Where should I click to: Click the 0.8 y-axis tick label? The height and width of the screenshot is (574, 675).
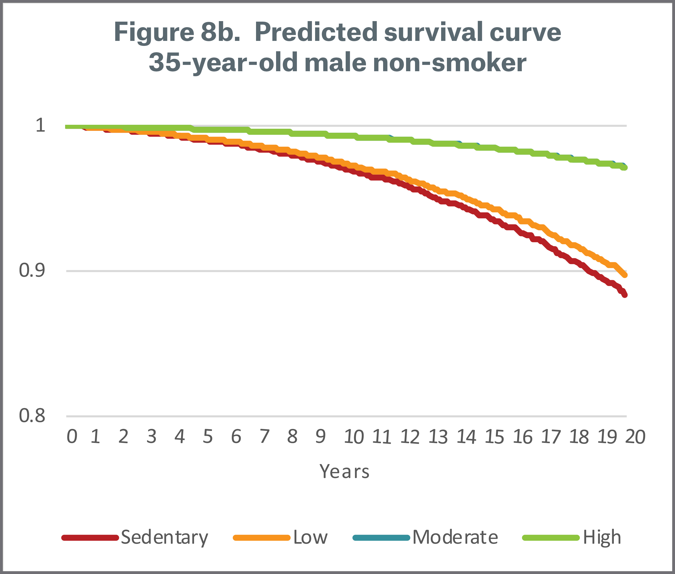click(x=32, y=415)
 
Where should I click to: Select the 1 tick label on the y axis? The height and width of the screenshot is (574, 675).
click(x=40, y=125)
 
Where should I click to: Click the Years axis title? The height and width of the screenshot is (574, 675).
click(x=345, y=471)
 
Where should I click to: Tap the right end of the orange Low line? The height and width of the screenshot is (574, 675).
click(x=625, y=275)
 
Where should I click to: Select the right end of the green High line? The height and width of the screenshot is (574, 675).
click(x=625, y=168)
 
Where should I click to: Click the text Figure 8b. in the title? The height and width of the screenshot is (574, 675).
click(x=177, y=32)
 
